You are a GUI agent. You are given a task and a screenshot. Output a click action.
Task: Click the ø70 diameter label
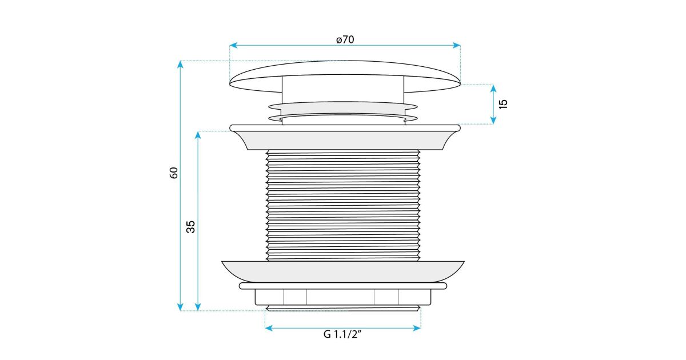point(345,40)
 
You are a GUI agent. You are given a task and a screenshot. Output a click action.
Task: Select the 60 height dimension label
point(174,173)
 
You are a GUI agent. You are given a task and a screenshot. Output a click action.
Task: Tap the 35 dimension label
point(190,227)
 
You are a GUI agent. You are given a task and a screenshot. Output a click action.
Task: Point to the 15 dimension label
point(503,104)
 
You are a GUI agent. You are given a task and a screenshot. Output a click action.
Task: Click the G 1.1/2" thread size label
point(342,334)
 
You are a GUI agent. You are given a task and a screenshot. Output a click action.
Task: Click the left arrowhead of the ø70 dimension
point(233,45)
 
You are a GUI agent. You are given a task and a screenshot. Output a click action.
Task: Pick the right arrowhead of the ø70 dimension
point(457,45)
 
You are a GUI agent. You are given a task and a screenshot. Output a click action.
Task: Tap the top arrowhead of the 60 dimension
point(181,64)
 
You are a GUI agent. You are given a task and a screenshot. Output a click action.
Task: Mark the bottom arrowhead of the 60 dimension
point(181,307)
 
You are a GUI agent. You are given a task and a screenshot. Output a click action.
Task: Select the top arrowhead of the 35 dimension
point(198,135)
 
